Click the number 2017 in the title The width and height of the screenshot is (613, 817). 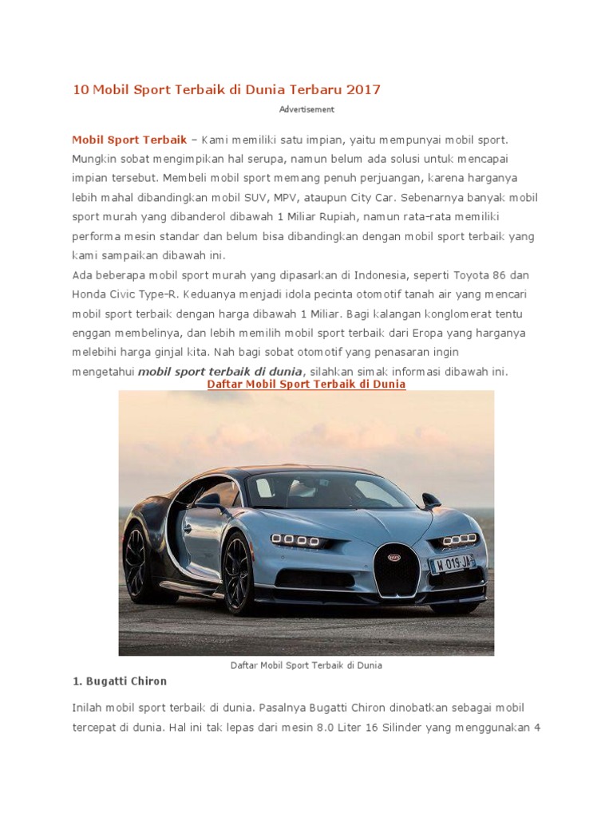click(364, 89)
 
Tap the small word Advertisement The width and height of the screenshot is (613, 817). click(306, 109)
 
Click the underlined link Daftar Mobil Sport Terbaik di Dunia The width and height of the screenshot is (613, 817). click(306, 384)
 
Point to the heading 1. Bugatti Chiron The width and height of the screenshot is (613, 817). click(120, 681)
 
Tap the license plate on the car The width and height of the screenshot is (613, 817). click(452, 563)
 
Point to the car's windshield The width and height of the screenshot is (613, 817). click(327, 491)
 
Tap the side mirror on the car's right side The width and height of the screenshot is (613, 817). click(431, 501)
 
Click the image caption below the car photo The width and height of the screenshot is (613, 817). click(306, 665)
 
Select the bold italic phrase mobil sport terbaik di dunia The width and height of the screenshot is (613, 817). click(221, 371)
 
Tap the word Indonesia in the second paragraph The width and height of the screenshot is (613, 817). click(378, 275)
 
